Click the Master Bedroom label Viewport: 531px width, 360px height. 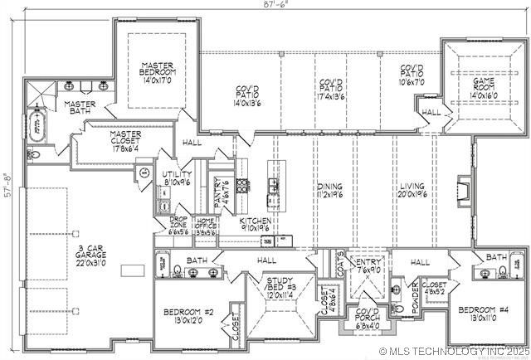[x=155, y=73]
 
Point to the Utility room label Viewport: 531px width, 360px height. [x=178, y=176]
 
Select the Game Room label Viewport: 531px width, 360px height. [x=482, y=89]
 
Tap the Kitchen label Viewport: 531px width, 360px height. [x=256, y=225]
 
